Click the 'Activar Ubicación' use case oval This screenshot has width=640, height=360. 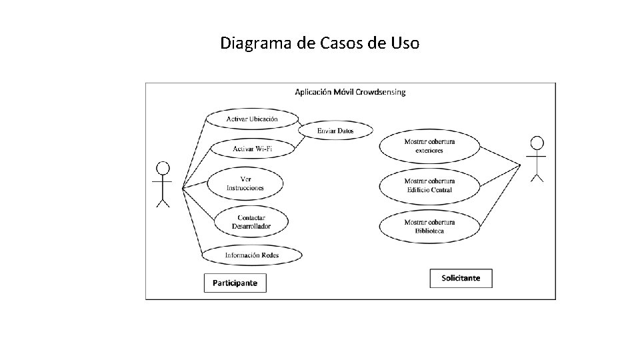[x=252, y=119]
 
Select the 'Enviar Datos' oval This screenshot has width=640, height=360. [x=335, y=131]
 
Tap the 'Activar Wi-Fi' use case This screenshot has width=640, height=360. [x=252, y=148]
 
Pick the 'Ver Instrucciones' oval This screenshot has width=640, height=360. [x=245, y=183]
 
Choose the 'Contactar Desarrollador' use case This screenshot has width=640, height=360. [x=251, y=222]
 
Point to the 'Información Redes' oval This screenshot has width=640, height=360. [x=252, y=255]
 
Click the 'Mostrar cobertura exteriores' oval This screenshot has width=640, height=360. [x=429, y=146]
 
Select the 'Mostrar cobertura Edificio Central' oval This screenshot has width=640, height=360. [x=429, y=185]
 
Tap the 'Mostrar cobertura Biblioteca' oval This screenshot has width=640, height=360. [x=429, y=226]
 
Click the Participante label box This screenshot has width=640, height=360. [x=235, y=283]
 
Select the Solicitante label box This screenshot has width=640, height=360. [x=461, y=278]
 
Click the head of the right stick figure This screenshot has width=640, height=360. [x=537, y=143]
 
